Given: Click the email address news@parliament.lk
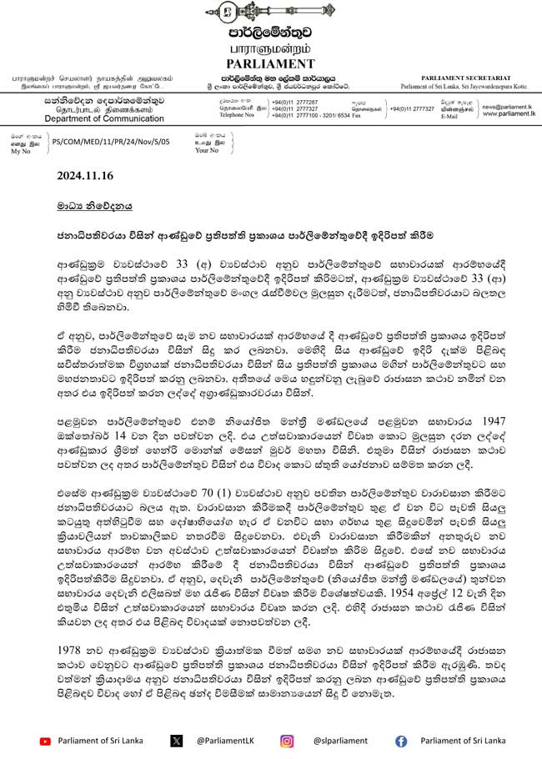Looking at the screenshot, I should [504, 107].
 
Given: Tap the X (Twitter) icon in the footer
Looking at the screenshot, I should [176, 740].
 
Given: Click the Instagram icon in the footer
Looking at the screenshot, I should [287, 740].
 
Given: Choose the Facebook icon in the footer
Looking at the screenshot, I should [401, 740].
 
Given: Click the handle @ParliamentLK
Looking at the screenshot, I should [224, 740].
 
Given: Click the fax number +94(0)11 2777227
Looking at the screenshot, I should [411, 108].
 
